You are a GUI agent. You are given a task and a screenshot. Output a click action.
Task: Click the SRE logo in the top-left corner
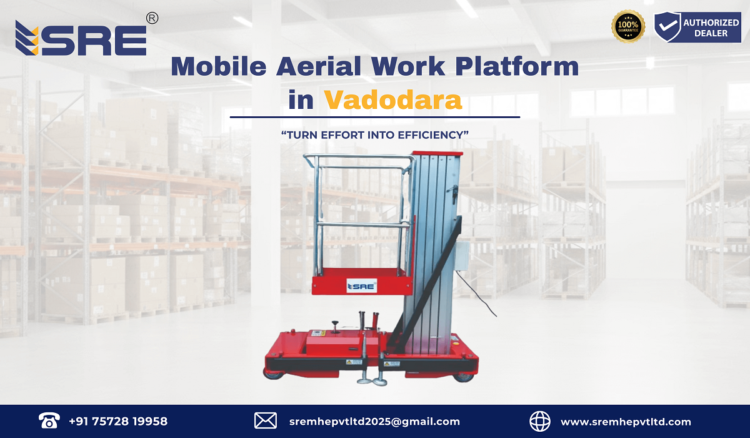coord(81,39)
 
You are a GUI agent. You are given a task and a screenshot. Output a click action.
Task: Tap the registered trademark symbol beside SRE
coord(151,19)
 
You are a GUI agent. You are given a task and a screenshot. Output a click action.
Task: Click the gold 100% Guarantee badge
coord(628,27)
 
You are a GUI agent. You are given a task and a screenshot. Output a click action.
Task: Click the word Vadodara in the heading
coord(393,100)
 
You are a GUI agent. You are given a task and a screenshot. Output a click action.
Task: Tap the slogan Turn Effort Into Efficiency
coord(375,135)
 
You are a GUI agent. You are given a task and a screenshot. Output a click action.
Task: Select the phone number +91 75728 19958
coord(118,421)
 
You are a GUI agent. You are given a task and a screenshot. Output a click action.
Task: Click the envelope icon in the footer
coord(265,421)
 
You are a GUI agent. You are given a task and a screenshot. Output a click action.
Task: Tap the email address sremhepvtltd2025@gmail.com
coord(375,421)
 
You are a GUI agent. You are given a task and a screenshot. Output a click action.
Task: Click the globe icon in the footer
coord(540,421)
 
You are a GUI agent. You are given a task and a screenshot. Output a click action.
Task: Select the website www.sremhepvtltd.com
coord(626,421)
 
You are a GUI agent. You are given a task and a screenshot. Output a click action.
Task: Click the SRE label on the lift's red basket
coord(361,287)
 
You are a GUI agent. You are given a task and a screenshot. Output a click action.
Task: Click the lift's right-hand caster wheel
coord(464,375)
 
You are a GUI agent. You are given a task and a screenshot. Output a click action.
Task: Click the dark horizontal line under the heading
coord(375,117)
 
